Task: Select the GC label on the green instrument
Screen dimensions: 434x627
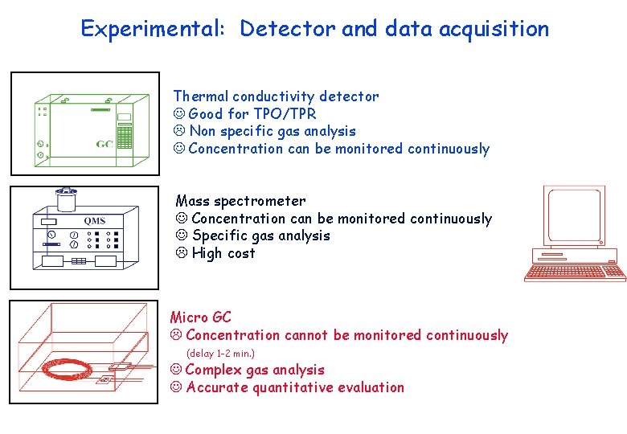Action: coord(104,144)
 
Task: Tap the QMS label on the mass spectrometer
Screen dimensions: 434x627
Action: coord(94,221)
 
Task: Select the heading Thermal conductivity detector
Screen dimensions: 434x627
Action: coord(276,96)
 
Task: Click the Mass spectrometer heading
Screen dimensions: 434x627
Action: coord(240,201)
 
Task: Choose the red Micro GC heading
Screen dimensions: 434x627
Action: coord(200,317)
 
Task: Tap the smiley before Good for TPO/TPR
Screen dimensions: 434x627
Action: coord(179,114)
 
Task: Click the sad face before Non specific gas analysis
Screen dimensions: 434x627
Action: coord(179,131)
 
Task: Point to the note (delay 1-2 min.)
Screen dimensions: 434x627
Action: coord(220,354)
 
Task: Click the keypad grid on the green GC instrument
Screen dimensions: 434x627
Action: coord(125,137)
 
